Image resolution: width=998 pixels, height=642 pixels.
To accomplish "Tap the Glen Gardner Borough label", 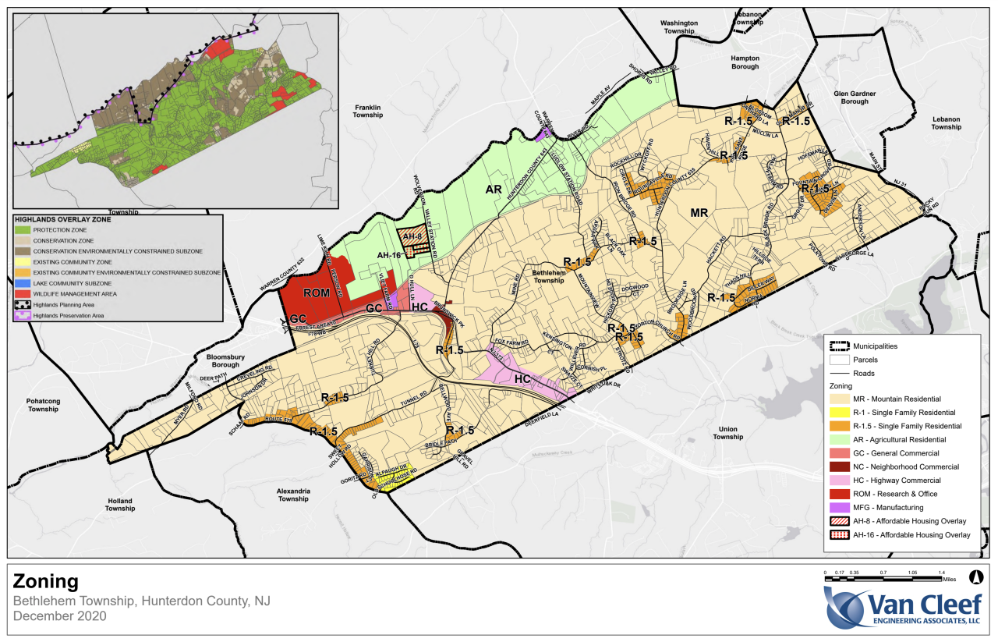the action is [855, 98].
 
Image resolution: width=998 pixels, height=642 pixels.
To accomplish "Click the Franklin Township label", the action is [367, 111].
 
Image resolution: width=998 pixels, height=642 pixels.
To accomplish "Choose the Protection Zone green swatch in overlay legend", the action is [21, 230].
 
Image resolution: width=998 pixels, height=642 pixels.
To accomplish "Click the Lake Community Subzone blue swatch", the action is [21, 282].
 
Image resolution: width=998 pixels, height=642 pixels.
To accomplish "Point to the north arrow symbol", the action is [974, 576].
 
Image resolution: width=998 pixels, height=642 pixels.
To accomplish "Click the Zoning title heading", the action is [45, 581].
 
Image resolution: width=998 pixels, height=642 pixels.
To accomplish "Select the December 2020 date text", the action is [59, 615].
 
